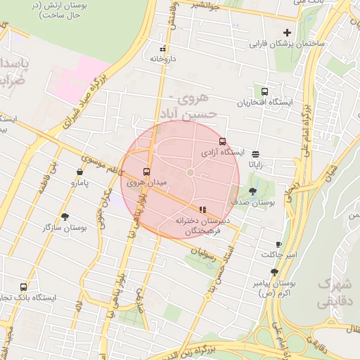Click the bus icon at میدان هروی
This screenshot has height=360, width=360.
pyautogui.click(x=147, y=172)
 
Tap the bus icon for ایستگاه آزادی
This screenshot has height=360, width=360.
pyautogui.click(x=223, y=141)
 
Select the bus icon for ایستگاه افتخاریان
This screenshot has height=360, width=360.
pyautogui.click(x=264, y=91)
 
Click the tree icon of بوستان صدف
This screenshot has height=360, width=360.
pyautogui.click(x=252, y=191)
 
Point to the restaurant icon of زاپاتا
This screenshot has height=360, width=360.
pyautogui.click(x=255, y=154)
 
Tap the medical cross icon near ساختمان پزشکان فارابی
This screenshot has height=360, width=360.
pyautogui.click(x=287, y=32)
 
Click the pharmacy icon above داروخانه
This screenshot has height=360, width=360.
pyautogui.click(x=163, y=49)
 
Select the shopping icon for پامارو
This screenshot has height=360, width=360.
pyautogui.click(x=79, y=172)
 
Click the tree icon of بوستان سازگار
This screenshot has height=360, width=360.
pyautogui.click(x=65, y=217)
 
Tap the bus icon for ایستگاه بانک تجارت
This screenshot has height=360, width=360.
pyautogui.click(x=24, y=287)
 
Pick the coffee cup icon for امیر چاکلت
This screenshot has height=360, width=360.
pyautogui.click(x=278, y=244)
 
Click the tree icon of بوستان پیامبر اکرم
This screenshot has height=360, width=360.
pyautogui.click(x=274, y=272)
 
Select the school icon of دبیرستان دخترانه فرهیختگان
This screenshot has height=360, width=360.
pyautogui.click(x=202, y=209)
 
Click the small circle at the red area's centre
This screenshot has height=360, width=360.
pyautogui.click(x=190, y=172)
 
